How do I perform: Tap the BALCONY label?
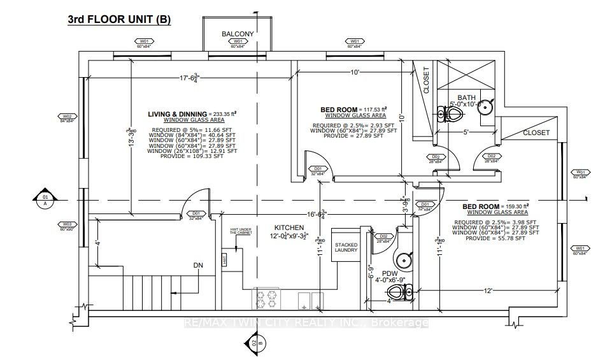[x=238, y=34]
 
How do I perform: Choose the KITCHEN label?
[x=289, y=227]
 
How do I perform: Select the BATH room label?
[x=466, y=97]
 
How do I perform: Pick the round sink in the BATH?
[x=485, y=106]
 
